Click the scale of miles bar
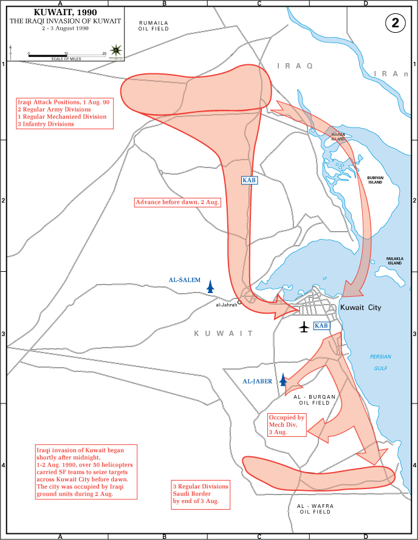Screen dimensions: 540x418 coord(67,56)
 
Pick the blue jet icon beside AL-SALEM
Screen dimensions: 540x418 coord(211,286)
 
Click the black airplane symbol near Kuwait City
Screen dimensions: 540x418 coord(304,327)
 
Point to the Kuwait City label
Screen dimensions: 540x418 coord(361,308)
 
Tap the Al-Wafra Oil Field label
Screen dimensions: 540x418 coord(314,508)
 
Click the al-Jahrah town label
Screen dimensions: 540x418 coord(227,305)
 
